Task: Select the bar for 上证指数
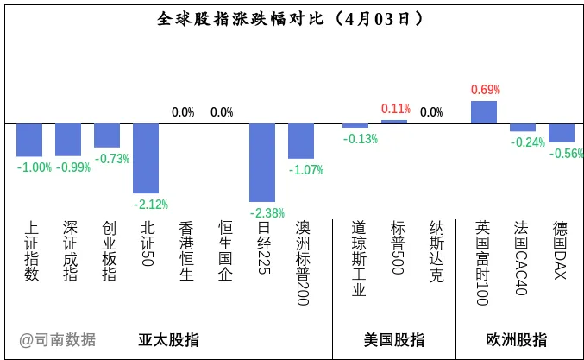tap(29, 140)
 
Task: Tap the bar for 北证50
tap(146, 158)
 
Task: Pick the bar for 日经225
tap(262, 163)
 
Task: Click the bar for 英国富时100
tap(484, 112)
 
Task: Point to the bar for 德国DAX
tap(562, 133)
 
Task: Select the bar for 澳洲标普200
tap(301, 141)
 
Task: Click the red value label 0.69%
tap(485, 90)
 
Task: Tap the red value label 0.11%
tap(395, 109)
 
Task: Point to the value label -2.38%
tap(267, 212)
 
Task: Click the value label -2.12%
tap(151, 205)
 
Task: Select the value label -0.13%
tap(360, 139)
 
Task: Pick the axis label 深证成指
tap(70, 250)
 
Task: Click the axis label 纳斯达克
tap(436, 251)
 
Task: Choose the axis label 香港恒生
tap(185, 250)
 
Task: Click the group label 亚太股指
tap(169, 339)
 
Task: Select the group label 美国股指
tap(394, 339)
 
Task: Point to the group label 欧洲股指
tap(516, 339)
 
